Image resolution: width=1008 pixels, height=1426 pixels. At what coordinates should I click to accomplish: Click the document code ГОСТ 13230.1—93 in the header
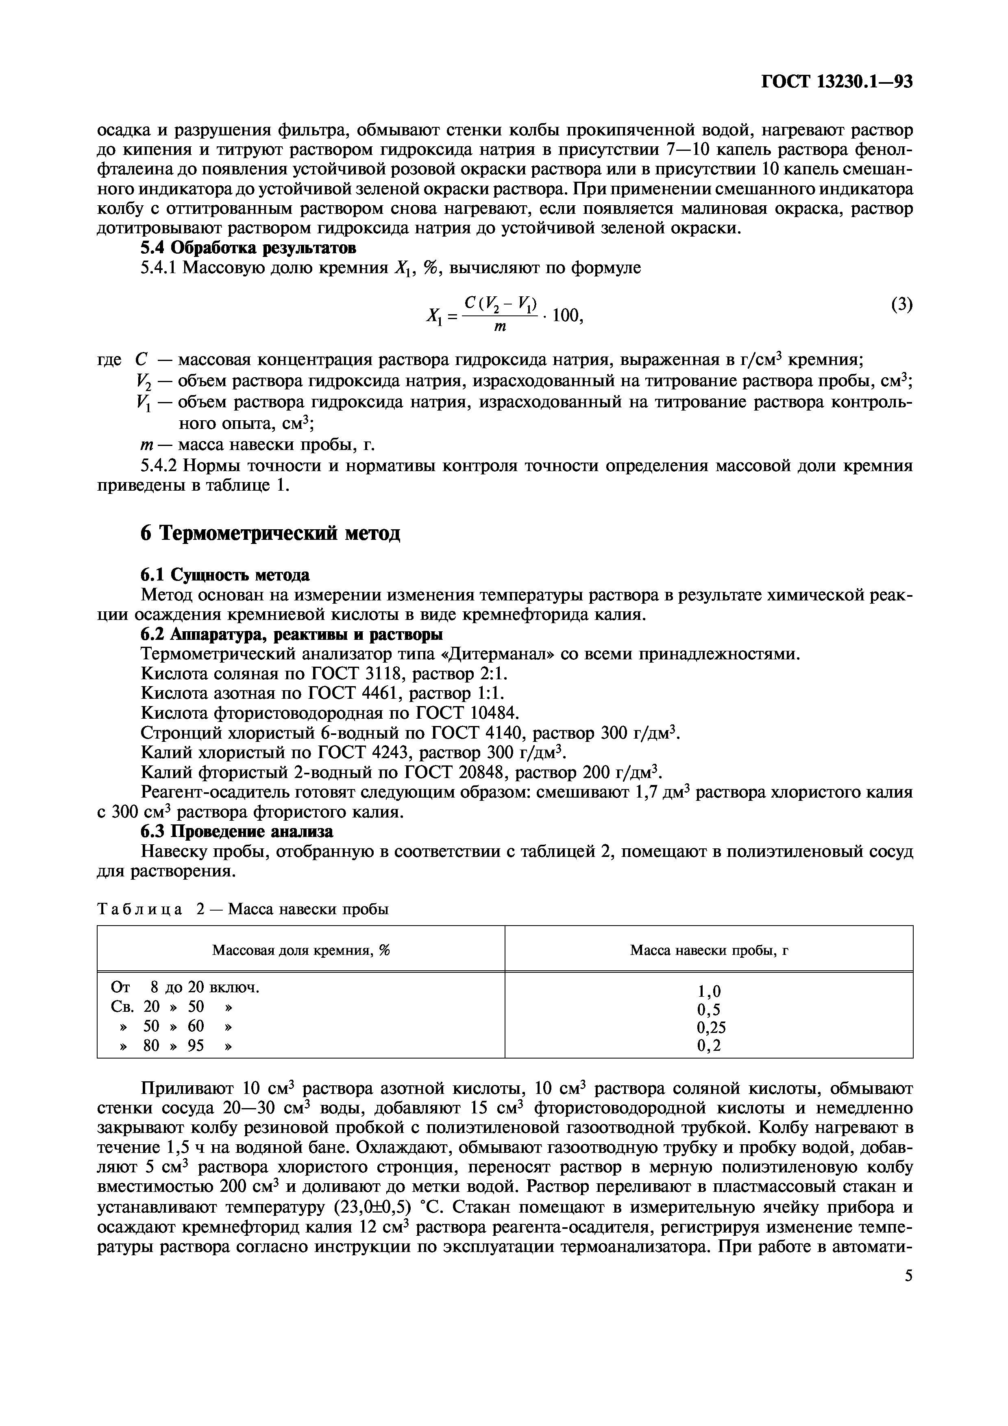click(836, 82)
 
